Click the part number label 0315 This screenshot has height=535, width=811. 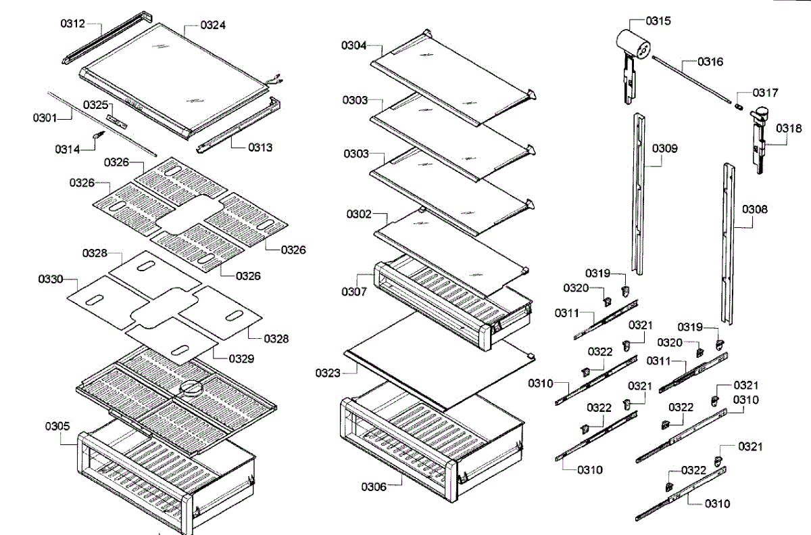[658, 21]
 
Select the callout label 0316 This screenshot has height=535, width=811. [710, 62]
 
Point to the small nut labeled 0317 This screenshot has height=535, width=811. [740, 106]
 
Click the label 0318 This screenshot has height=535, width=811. [788, 129]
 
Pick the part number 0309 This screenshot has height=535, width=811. [665, 148]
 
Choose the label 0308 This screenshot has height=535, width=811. [755, 210]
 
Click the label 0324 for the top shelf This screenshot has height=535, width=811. [213, 25]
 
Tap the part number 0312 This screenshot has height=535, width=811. [72, 24]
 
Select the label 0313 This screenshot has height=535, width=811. [260, 147]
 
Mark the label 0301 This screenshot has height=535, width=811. [45, 118]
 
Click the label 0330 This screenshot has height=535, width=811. [51, 278]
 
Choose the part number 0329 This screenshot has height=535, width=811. [241, 359]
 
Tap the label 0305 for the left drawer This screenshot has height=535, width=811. [57, 425]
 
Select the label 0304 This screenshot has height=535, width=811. [353, 45]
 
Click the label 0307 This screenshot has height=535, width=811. [354, 292]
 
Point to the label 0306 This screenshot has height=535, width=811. [373, 487]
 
